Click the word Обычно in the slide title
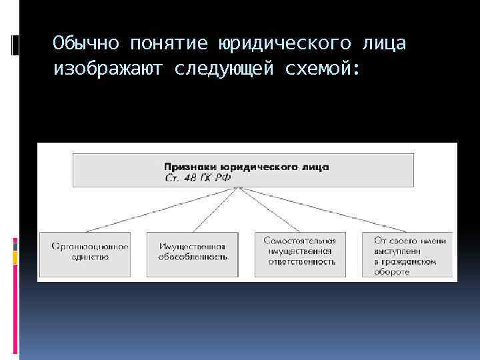pyautogui.click(x=87, y=43)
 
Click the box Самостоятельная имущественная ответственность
pyautogui.click(x=299, y=254)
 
